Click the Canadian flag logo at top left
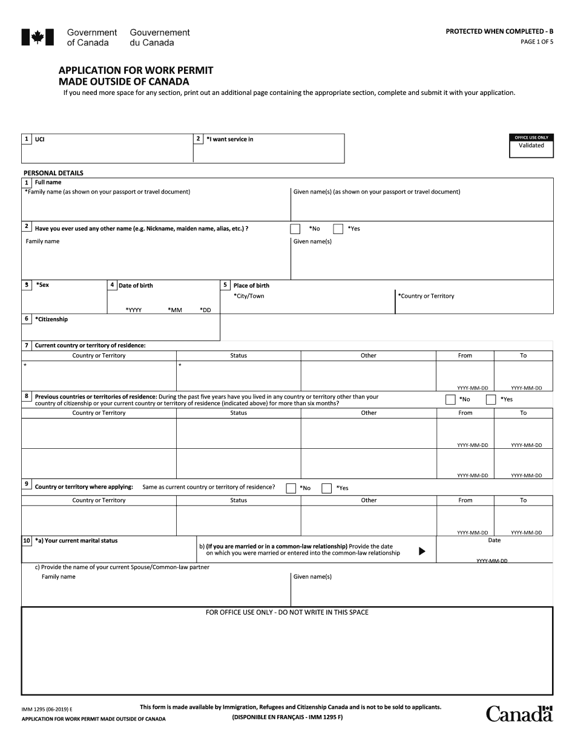pos(38,38)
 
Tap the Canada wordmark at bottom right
pos(519,714)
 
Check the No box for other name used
pos(295,229)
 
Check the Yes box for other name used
pos(338,229)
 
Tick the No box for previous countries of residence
pos(450,399)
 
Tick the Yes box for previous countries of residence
pos(491,399)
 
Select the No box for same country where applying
pos(291,488)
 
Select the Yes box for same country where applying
pos(327,488)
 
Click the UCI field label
pos(39,140)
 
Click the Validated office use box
pos(531,146)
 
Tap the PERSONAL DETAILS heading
pos(53,173)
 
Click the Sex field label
pos(42,285)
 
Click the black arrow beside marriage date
pos(422,551)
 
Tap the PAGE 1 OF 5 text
pos(537,42)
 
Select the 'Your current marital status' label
pos(76,541)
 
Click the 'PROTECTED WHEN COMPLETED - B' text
pos(499,31)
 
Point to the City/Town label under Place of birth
pos(249,296)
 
